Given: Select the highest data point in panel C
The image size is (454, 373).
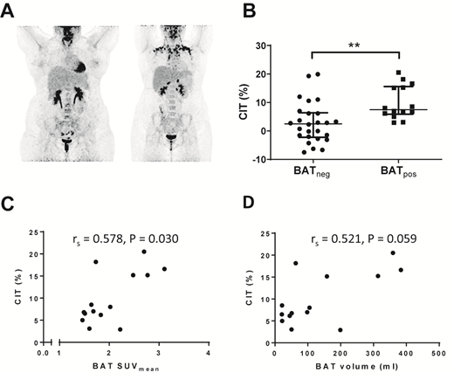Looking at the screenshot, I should (x=144, y=252).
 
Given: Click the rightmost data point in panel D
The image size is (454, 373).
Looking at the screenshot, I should (x=401, y=270).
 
